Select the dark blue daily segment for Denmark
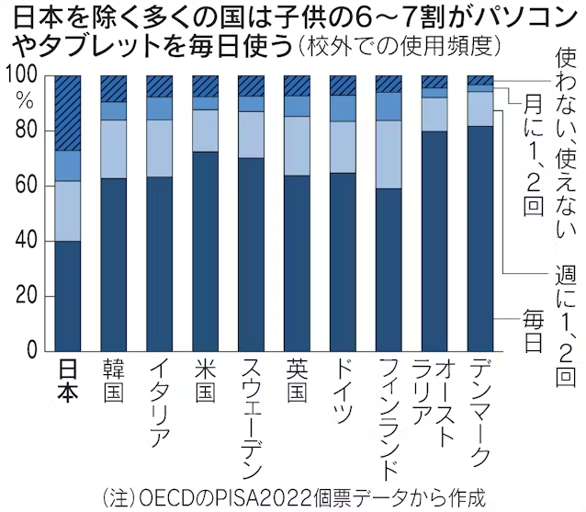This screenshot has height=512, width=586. [x=480, y=239]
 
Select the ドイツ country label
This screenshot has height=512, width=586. [x=343, y=390]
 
